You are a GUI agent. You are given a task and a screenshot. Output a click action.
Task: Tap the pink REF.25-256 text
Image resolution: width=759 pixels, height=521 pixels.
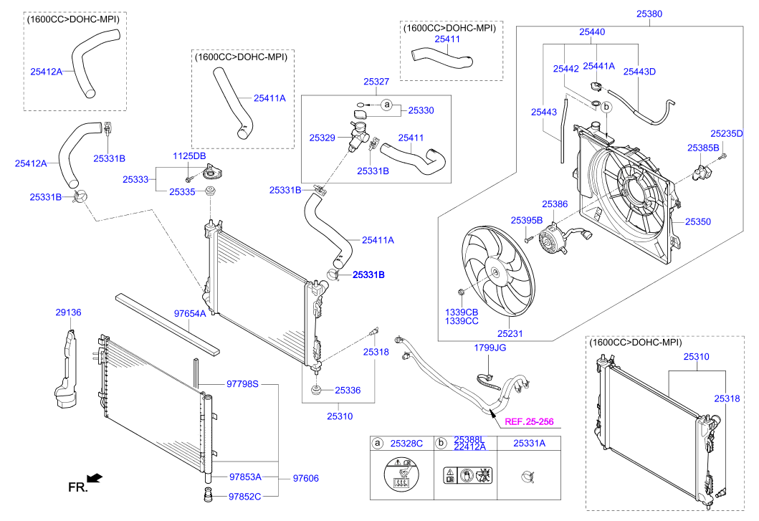(530, 422)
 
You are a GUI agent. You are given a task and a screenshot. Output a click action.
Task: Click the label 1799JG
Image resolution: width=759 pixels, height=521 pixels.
(490, 348)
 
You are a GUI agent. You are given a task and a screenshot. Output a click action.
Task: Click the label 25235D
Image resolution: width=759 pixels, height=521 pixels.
(727, 133)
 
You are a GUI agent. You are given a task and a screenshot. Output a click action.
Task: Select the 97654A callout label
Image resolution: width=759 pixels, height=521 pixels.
(190, 313)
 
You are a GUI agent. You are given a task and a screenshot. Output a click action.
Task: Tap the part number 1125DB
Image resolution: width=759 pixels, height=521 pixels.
(188, 156)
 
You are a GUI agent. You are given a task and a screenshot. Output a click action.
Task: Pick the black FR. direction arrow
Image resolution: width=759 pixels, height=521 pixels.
(93, 477)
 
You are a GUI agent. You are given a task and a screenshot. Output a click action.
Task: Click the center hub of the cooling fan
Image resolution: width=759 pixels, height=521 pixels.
(494, 272)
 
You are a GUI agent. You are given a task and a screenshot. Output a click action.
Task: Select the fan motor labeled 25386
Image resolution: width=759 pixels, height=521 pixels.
(553, 238)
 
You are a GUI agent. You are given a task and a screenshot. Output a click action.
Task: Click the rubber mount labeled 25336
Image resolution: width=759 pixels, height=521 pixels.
(315, 391)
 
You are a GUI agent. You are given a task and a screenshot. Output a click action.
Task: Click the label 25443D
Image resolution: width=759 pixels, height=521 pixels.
(639, 71)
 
